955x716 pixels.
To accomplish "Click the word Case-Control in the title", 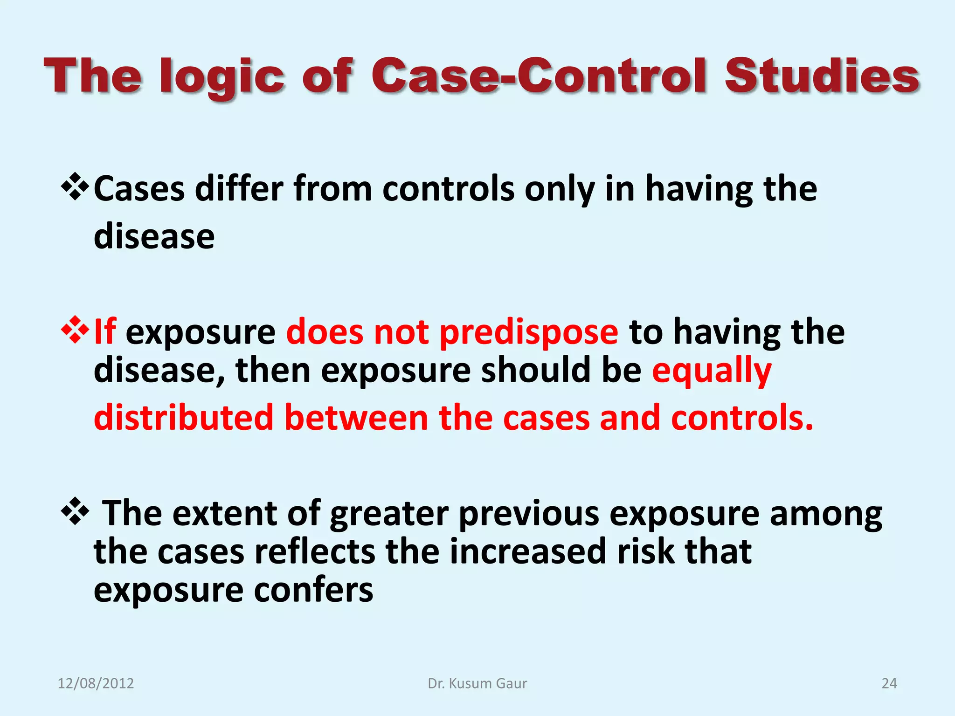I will pos(541,76).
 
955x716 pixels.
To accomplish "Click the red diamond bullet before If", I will pos(75,330).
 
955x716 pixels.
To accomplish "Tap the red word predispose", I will pos(529,333).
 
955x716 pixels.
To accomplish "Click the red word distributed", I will pos(183,417).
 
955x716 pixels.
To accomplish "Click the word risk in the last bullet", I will pos(645,551).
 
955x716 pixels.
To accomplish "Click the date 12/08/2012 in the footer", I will pos(96,683).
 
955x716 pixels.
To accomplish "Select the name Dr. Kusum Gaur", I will pos(477,683).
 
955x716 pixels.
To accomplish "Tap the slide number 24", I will pos(889,683).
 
